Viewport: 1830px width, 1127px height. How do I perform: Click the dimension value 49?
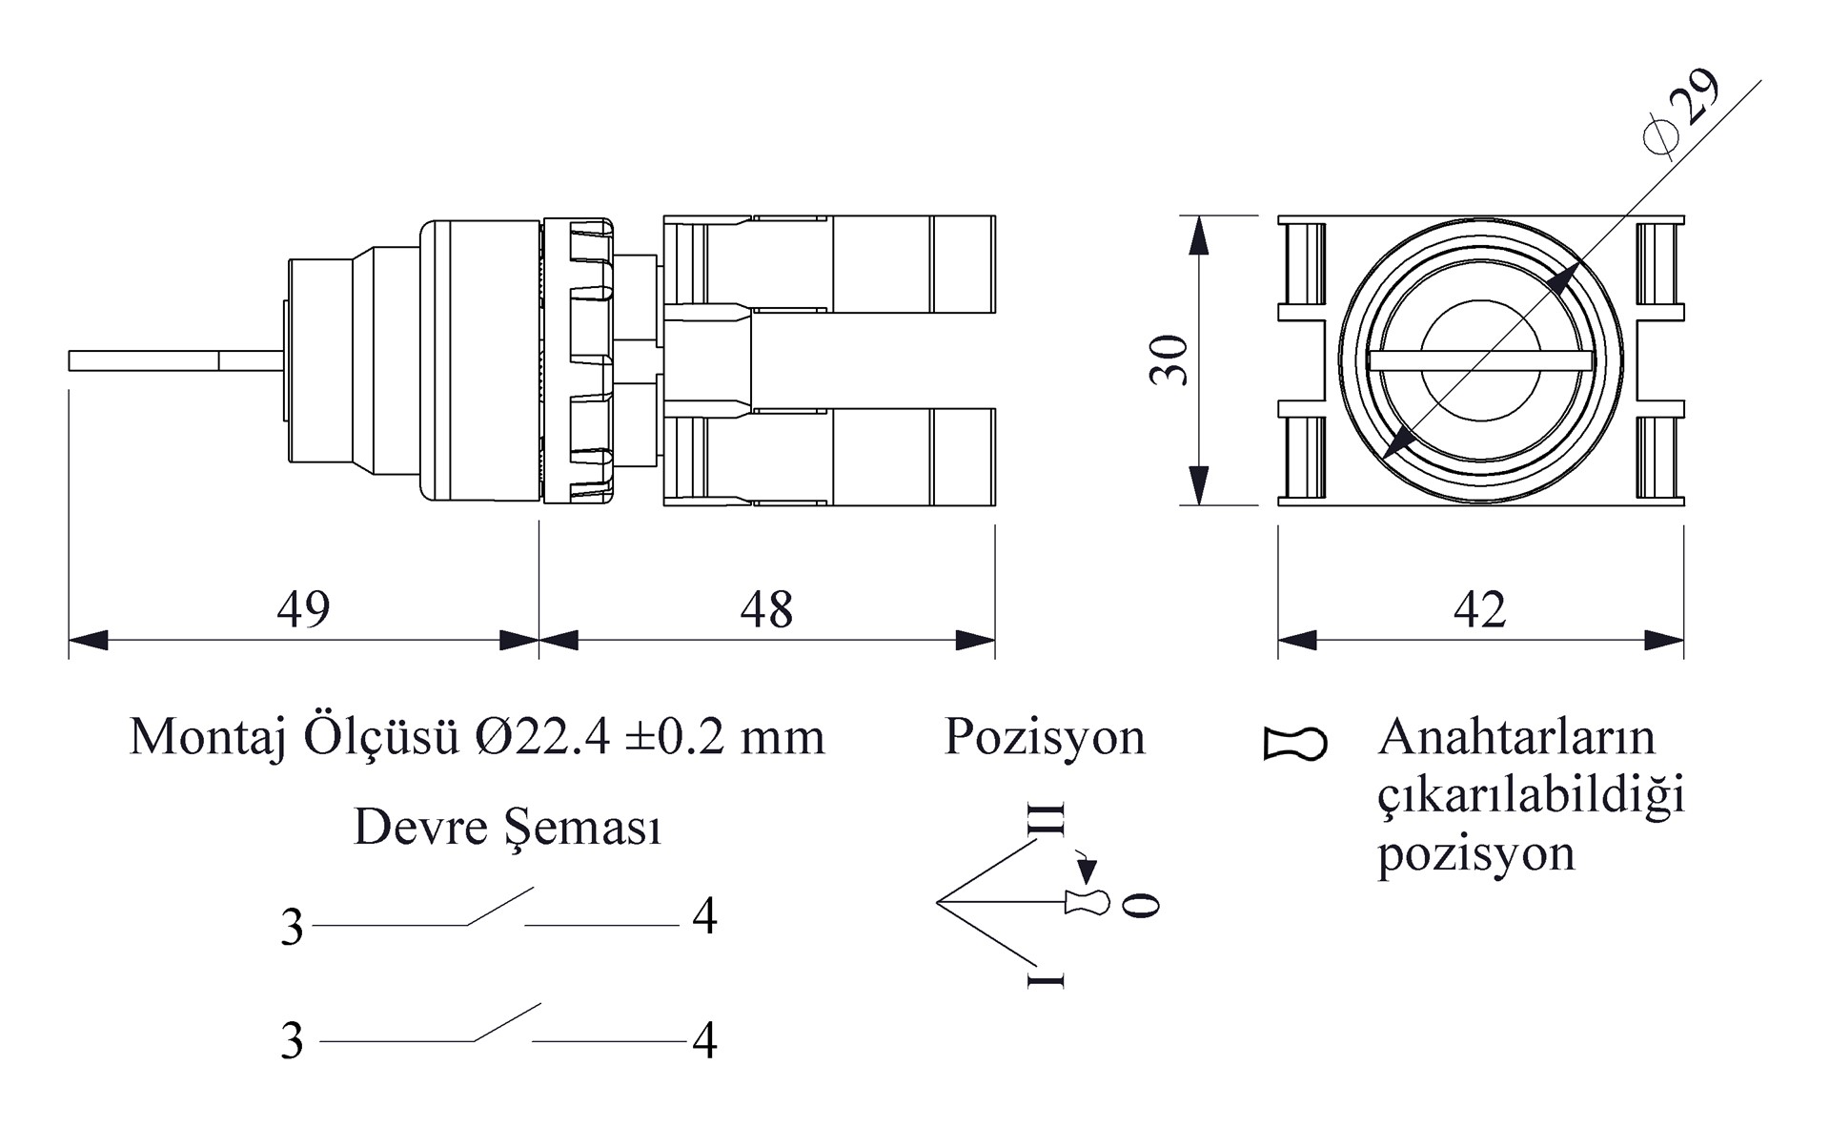pyautogui.click(x=303, y=608)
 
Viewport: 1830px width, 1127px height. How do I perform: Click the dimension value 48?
pyautogui.click(x=766, y=608)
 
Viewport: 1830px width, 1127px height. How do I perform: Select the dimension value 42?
pyautogui.click(x=1479, y=608)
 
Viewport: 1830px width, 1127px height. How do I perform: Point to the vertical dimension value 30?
pyautogui.click(x=1169, y=360)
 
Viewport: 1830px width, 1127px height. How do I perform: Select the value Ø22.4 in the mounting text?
pyautogui.click(x=539, y=736)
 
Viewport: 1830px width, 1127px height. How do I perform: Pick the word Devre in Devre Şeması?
pyautogui.click(x=420, y=826)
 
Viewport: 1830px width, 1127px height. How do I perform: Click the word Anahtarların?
pyautogui.click(x=1516, y=736)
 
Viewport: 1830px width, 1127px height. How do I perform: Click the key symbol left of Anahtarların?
pyautogui.click(x=1294, y=744)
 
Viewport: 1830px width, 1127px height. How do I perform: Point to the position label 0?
pyautogui.click(x=1141, y=905)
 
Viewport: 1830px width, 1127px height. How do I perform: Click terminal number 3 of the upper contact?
pyautogui.click(x=292, y=927)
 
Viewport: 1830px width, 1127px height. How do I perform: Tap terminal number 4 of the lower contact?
pyautogui.click(x=704, y=1040)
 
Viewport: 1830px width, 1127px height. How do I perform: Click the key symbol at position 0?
pyautogui.click(x=1088, y=901)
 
